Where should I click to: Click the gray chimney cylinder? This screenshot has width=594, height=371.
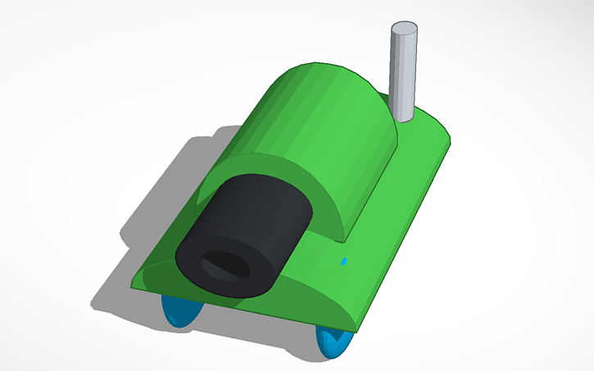(403, 74)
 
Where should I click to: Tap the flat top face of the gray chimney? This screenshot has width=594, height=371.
(404, 29)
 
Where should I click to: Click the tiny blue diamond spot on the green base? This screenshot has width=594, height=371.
(344, 262)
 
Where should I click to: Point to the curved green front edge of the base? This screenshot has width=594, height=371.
(311, 295)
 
